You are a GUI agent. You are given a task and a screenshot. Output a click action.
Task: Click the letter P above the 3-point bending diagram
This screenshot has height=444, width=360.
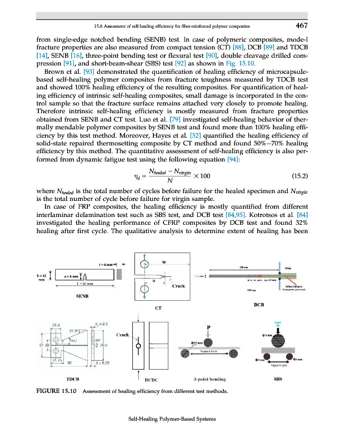tap(208, 328)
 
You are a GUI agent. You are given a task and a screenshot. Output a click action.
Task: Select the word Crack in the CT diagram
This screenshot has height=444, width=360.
tap(178, 286)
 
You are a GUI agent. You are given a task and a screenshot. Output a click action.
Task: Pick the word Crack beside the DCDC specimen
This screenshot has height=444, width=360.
tap(123, 335)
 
